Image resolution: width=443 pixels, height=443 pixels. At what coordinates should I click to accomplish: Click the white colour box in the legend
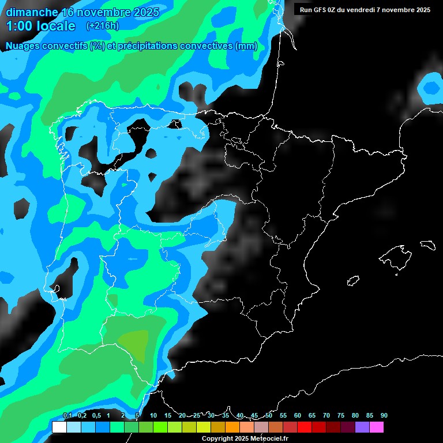tap(59, 427)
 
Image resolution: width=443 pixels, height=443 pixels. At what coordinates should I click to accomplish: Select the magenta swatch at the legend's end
tap(377, 427)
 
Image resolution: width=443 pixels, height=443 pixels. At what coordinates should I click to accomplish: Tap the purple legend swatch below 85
tap(362, 427)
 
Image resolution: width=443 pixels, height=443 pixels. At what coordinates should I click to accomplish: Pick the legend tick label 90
tap(384, 415)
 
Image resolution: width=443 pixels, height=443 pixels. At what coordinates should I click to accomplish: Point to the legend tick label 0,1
tap(67, 415)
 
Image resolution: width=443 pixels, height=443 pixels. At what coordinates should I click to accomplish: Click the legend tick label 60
tap(298, 415)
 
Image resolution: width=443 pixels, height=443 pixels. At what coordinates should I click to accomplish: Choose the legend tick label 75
tap(341, 415)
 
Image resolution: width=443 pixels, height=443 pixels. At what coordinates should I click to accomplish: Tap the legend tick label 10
tap(153, 415)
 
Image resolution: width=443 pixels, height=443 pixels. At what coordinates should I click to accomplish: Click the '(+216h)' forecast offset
tap(102, 26)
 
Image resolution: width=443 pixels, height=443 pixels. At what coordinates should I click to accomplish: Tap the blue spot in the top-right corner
tap(431, 88)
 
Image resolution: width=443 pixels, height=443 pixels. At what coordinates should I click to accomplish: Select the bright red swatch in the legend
tap(305, 427)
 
